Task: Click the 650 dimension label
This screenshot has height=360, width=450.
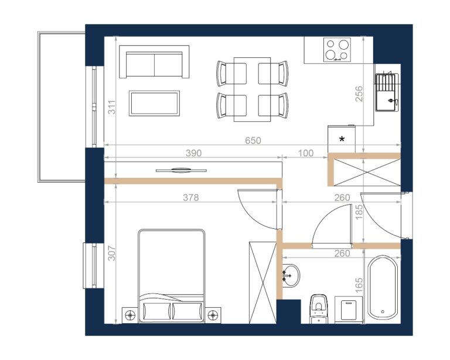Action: [x=253, y=140]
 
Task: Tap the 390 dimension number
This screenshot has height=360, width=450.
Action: [x=194, y=153]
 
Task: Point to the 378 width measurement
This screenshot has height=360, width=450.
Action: [x=191, y=197]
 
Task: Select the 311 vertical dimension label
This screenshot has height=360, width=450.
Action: [x=112, y=107]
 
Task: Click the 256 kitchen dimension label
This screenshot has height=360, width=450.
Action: [x=359, y=94]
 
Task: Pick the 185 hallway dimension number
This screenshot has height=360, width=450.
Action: [x=359, y=211]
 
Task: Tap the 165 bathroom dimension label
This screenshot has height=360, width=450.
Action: [x=359, y=285]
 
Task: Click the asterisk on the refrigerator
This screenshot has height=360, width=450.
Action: [x=342, y=139]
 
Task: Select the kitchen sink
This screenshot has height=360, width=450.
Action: [x=387, y=92]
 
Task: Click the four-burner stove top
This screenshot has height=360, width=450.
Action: [x=337, y=50]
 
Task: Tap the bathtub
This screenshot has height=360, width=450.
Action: [x=383, y=287]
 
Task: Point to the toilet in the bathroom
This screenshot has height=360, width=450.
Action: [x=319, y=308]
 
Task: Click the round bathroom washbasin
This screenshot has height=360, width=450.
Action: [x=291, y=276]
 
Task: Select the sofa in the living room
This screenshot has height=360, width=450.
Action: [x=154, y=61]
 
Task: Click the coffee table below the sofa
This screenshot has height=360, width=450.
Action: [x=155, y=103]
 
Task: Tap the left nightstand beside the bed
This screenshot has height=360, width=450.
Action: [x=130, y=316]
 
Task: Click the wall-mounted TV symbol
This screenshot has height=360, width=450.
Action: [x=181, y=170]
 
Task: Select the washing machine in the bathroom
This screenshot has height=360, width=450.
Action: [x=349, y=310]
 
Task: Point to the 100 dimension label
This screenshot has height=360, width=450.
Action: [x=306, y=153]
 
